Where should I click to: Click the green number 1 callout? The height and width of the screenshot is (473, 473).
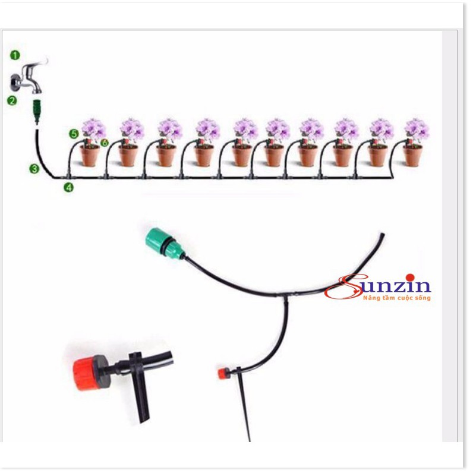pyautogui.click(x=15, y=55)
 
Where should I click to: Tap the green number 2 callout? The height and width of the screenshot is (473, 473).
pyautogui.click(x=11, y=100)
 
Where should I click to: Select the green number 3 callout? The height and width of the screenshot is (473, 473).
pyautogui.click(x=34, y=169)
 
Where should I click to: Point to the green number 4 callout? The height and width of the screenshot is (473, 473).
pyautogui.click(x=69, y=187)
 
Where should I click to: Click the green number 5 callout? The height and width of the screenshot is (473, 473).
pyautogui.click(x=73, y=134)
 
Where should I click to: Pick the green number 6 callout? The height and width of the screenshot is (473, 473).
pyautogui.click(x=105, y=143)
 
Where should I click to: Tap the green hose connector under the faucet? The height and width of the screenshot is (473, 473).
pyautogui.click(x=37, y=112)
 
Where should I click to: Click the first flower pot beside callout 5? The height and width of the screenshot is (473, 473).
pyautogui.click(x=90, y=155)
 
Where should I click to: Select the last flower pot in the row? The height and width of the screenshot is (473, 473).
pyautogui.click(x=412, y=154)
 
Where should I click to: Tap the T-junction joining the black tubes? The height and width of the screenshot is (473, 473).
pyautogui.click(x=283, y=295)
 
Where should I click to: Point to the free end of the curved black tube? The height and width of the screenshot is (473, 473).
pyautogui.click(x=381, y=237)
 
